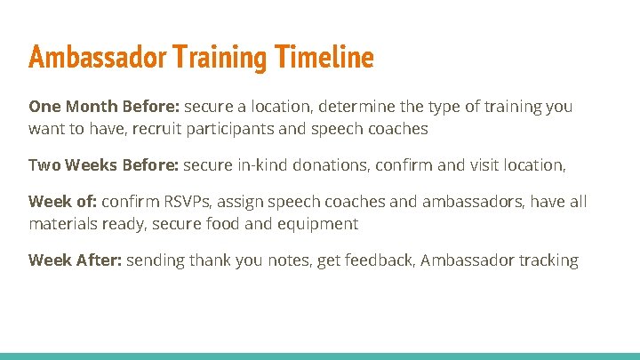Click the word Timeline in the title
click(324, 59)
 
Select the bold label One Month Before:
click(104, 107)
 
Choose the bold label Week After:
click(75, 260)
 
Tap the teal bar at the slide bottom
click(320, 356)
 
